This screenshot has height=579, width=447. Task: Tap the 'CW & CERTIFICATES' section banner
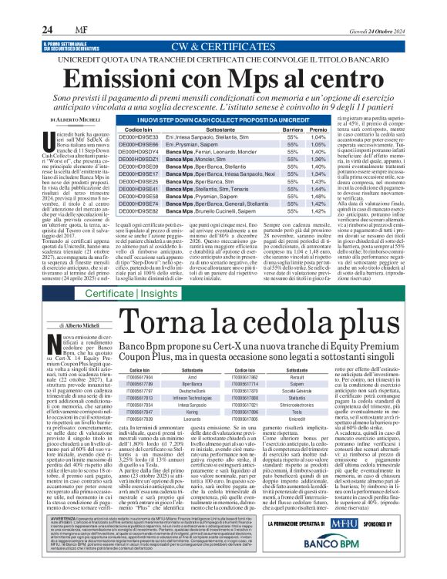point(223,47)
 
